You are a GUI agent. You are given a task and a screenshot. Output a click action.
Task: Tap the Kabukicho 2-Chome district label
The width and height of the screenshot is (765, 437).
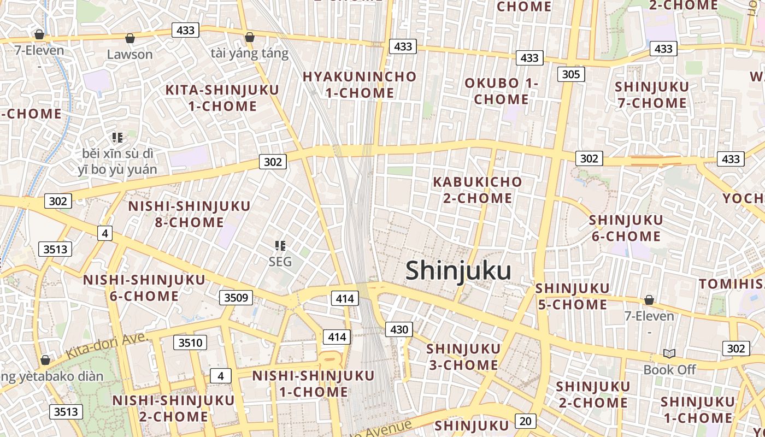pos(478,190)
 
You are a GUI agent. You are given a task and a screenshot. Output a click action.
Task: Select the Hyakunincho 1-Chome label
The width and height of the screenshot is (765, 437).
pos(360,85)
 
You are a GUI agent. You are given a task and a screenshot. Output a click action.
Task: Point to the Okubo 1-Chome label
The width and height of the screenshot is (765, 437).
pos(501,91)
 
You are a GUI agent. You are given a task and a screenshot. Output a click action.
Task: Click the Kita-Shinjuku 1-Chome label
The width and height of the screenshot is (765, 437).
pos(222,98)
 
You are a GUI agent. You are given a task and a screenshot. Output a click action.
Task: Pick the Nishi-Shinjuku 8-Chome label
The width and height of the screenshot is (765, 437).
pos(189,214)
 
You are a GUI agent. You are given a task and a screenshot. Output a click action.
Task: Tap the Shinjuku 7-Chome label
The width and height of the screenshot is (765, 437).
pos(651,95)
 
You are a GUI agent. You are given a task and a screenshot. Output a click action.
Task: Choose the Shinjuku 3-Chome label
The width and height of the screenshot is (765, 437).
pos(463,357)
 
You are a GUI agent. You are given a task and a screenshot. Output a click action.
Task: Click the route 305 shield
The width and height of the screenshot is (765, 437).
pos(571,74)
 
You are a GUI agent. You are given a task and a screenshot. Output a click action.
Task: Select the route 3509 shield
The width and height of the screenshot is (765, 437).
pos(237,298)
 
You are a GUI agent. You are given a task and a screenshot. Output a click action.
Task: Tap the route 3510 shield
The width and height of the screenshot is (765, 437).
pos(190,343)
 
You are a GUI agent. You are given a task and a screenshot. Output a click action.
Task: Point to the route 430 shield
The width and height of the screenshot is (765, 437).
pos(399,329)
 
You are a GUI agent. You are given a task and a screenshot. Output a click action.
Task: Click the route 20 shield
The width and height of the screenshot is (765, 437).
pos(525,421)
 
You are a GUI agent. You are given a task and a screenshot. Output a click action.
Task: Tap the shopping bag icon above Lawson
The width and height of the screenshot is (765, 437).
pos(130,38)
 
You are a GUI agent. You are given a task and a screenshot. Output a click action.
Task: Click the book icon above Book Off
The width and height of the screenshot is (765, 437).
pos(669,353)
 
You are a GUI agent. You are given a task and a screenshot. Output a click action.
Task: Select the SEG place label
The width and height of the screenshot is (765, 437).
pos(280,262)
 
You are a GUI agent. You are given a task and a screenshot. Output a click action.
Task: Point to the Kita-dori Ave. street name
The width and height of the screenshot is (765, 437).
pos(107,346)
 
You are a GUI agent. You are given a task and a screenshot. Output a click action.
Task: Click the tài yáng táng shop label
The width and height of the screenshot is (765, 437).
pos(249,53)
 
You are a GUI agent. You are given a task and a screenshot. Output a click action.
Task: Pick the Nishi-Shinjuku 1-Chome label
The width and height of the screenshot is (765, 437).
pos(313,383)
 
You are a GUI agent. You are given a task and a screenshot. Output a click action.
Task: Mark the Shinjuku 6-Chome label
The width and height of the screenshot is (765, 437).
pos(626,228)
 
